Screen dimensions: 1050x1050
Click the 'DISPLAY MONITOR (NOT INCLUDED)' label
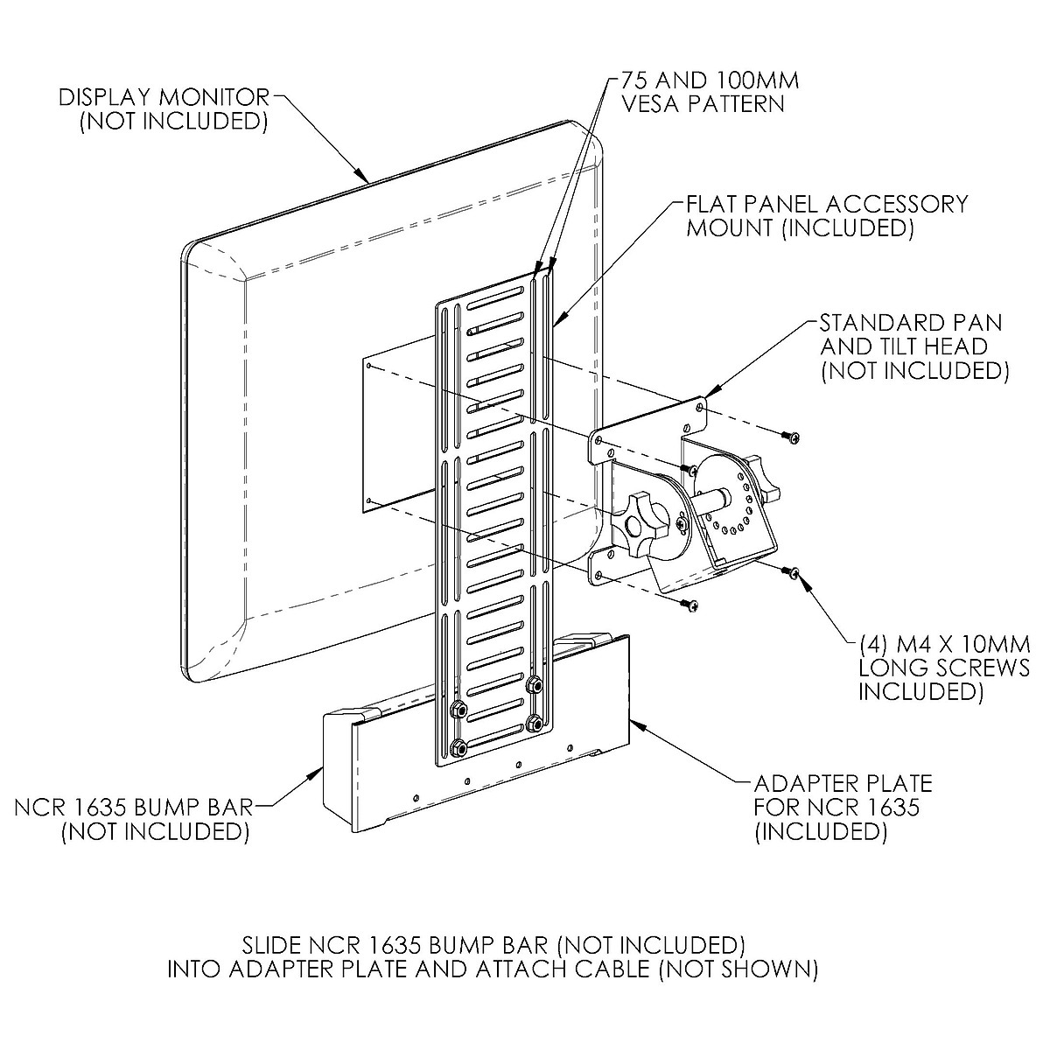coord(164,109)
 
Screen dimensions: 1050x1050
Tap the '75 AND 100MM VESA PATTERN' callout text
coord(710,92)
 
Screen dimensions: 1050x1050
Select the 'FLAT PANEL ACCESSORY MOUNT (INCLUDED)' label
coord(827,216)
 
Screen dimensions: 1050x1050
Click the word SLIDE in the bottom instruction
coord(270,944)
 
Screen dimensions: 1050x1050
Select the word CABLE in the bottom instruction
coord(605,969)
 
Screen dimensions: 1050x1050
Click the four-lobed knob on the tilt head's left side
coord(640,522)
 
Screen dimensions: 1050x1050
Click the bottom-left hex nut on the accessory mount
coord(458,749)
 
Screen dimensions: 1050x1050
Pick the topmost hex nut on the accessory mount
coord(535,684)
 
